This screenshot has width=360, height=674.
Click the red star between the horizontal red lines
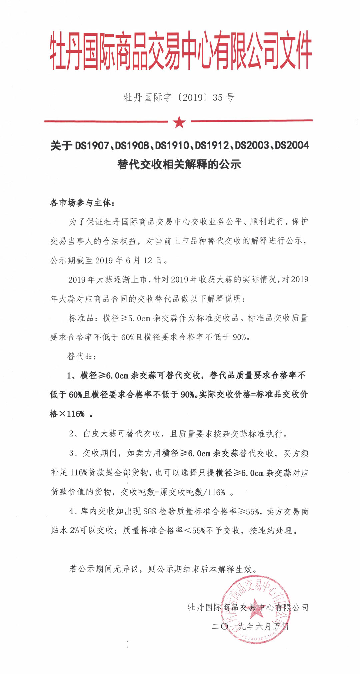tap(179, 122)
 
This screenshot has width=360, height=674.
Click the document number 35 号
tap(224, 97)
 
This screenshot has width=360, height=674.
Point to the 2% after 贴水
tap(74, 530)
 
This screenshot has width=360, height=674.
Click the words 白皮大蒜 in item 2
tap(100, 434)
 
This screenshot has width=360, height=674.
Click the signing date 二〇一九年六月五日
tap(250, 626)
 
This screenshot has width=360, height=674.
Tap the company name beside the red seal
tap(248, 607)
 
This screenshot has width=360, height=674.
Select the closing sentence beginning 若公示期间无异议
tap(163, 569)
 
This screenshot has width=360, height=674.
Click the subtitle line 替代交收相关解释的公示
tap(179, 164)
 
